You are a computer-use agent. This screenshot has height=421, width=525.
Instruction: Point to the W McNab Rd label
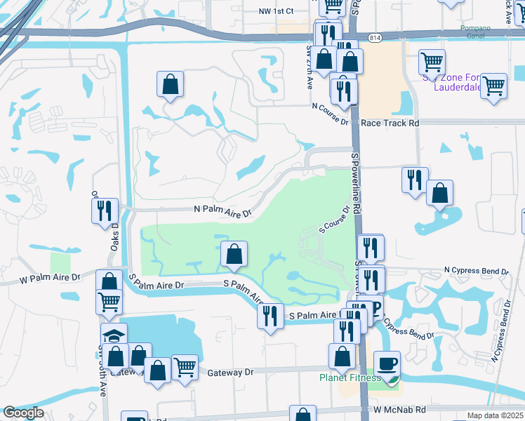(399, 409)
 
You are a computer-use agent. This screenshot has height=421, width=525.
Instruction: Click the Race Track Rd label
(390, 123)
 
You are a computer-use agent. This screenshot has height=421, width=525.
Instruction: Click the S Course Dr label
(335, 219)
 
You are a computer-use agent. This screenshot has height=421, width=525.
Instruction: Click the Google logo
(23, 413)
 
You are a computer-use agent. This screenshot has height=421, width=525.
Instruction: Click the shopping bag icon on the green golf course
(234, 254)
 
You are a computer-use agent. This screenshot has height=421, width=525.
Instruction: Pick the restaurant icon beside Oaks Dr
(104, 209)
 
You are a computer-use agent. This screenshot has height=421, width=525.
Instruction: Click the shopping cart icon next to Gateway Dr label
(185, 366)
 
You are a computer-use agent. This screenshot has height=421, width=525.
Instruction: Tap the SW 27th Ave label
(309, 67)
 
